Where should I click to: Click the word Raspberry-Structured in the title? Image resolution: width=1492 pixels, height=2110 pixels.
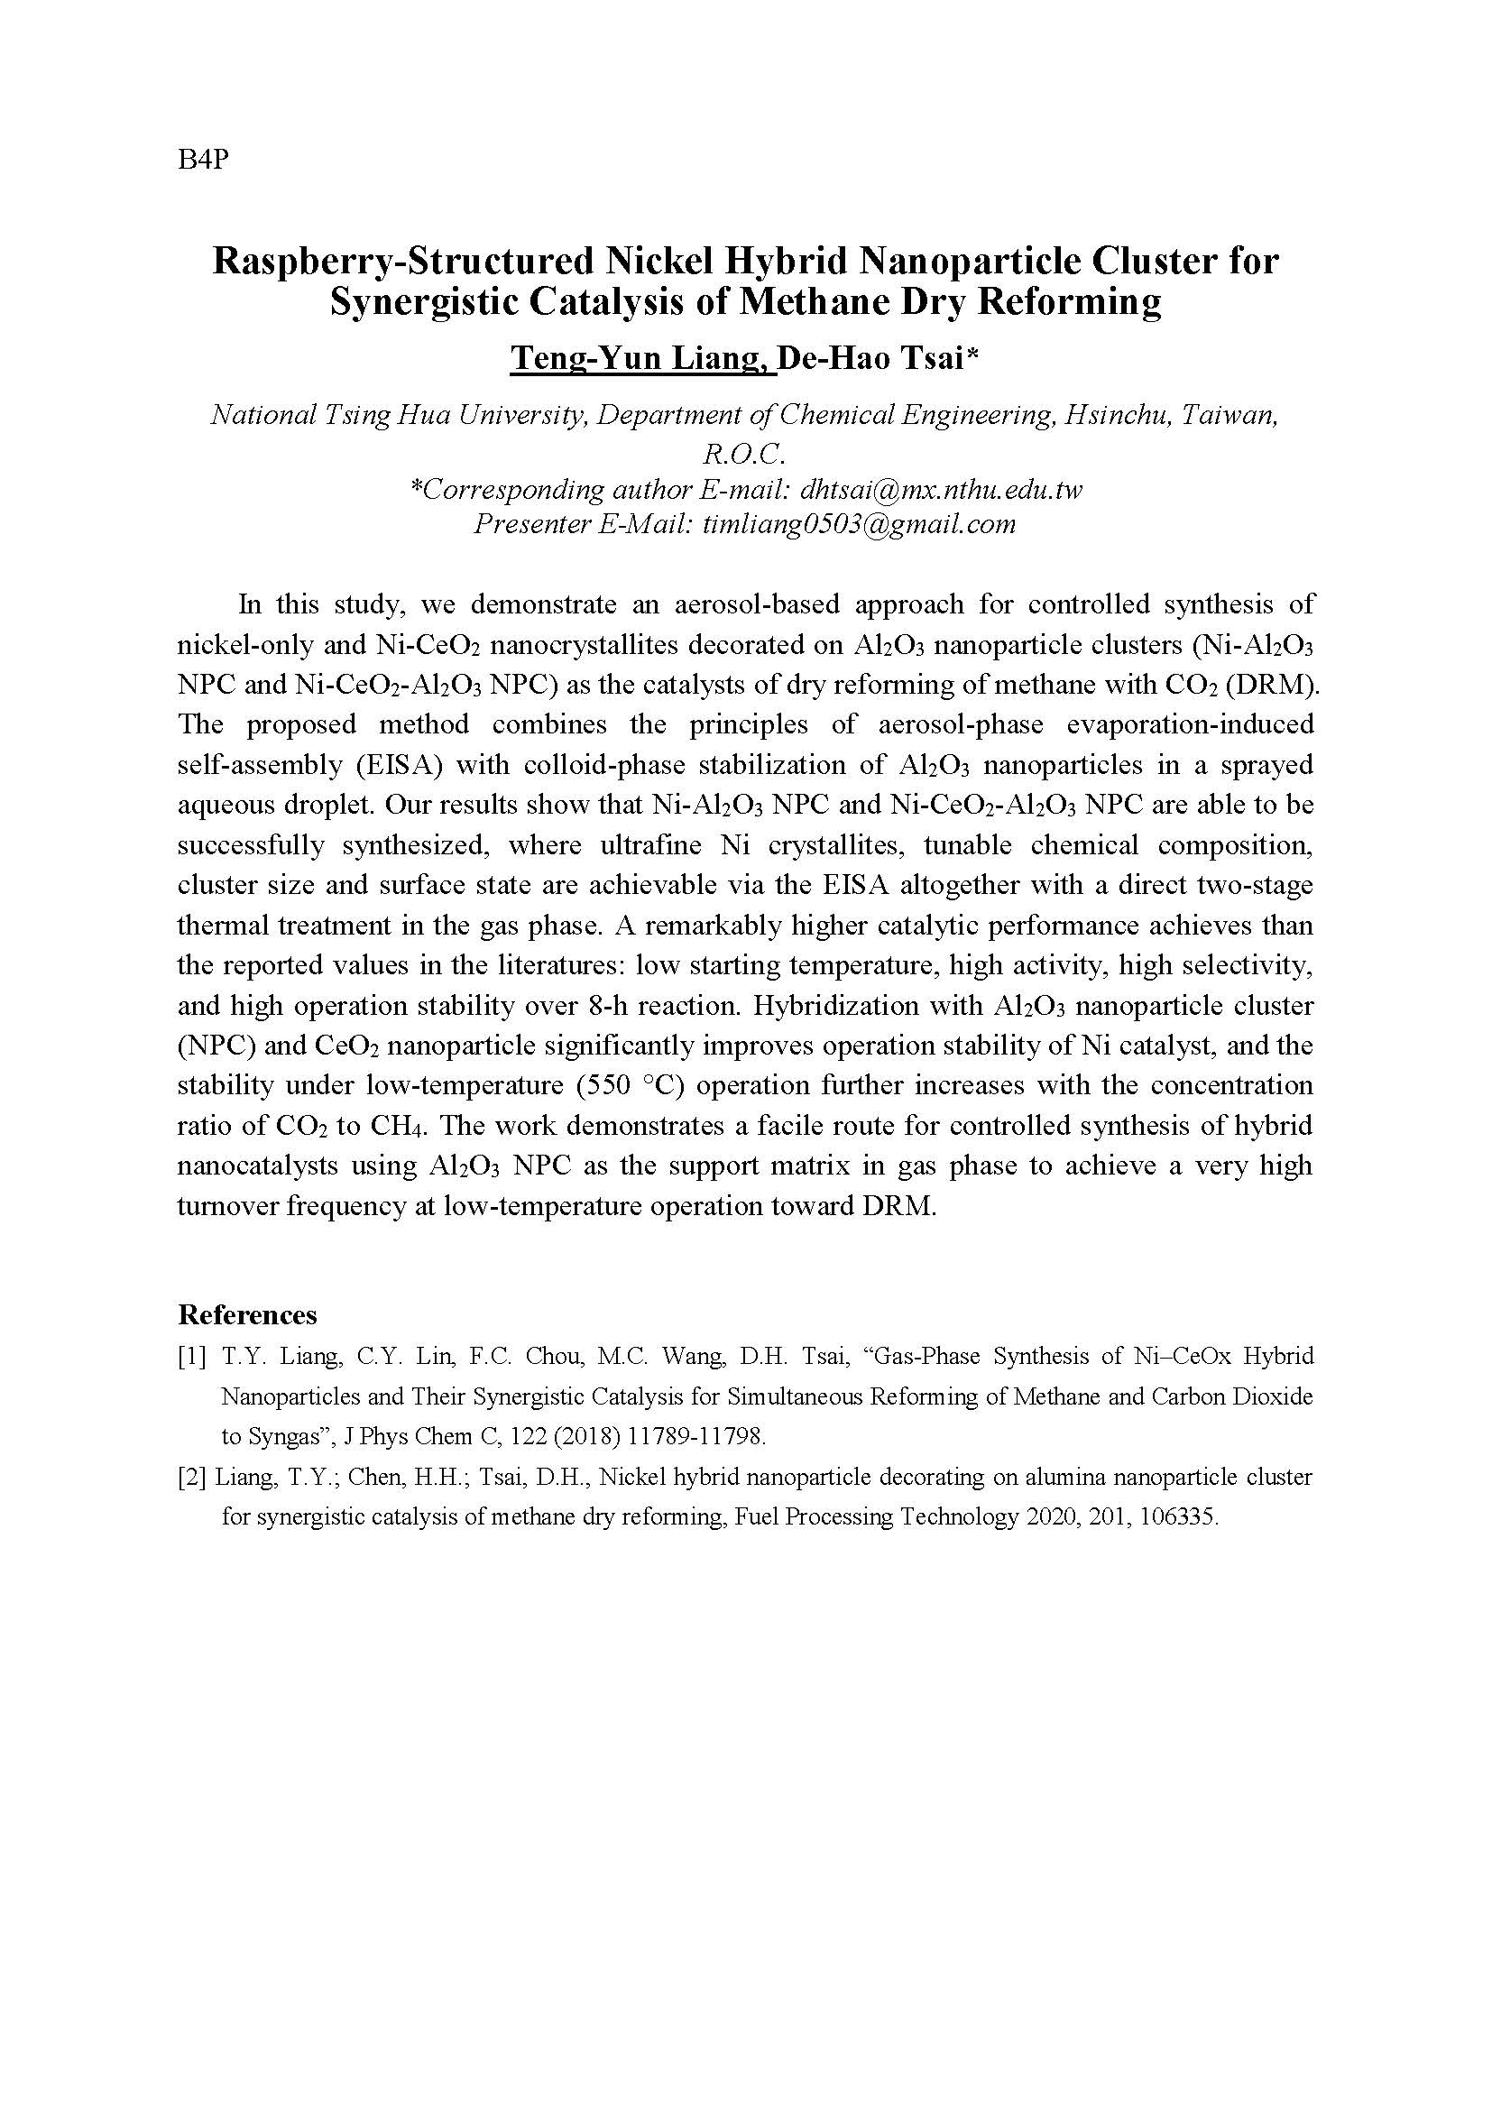pyautogui.click(x=401, y=262)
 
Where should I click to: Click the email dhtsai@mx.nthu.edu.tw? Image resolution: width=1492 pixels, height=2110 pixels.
pyautogui.click(x=942, y=490)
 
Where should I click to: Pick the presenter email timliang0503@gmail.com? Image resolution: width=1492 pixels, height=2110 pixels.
pyautogui.click(x=859, y=525)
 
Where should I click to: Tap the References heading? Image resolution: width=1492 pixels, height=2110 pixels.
pyautogui.click(x=247, y=1315)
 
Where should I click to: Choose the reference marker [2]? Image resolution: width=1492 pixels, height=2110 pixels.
pyautogui.click(x=192, y=1478)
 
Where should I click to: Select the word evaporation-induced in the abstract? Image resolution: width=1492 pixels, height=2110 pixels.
pyautogui.click(x=1190, y=725)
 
